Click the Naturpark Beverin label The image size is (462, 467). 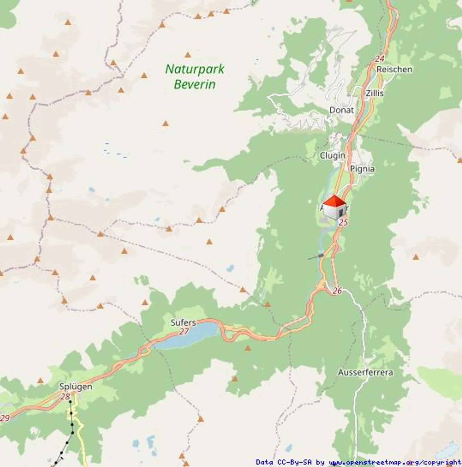(x=195, y=77)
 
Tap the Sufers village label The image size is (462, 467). (x=183, y=322)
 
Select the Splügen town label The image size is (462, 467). (x=76, y=386)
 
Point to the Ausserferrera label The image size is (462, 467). (x=365, y=372)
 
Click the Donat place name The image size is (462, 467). (x=342, y=110)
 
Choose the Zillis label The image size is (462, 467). (x=374, y=93)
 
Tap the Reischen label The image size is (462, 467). (x=394, y=69)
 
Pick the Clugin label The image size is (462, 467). (x=332, y=156)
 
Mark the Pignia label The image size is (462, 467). (x=362, y=169)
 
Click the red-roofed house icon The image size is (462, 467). (x=335, y=207)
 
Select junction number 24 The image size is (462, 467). (x=380, y=59)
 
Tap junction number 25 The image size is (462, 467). (x=343, y=222)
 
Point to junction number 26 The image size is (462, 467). (x=337, y=291)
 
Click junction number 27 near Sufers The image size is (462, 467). (x=184, y=331)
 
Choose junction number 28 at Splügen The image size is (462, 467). (x=65, y=396)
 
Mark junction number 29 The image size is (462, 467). (x=5, y=418)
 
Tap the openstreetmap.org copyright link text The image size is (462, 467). (x=395, y=462)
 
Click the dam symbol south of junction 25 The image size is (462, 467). (x=320, y=256)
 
